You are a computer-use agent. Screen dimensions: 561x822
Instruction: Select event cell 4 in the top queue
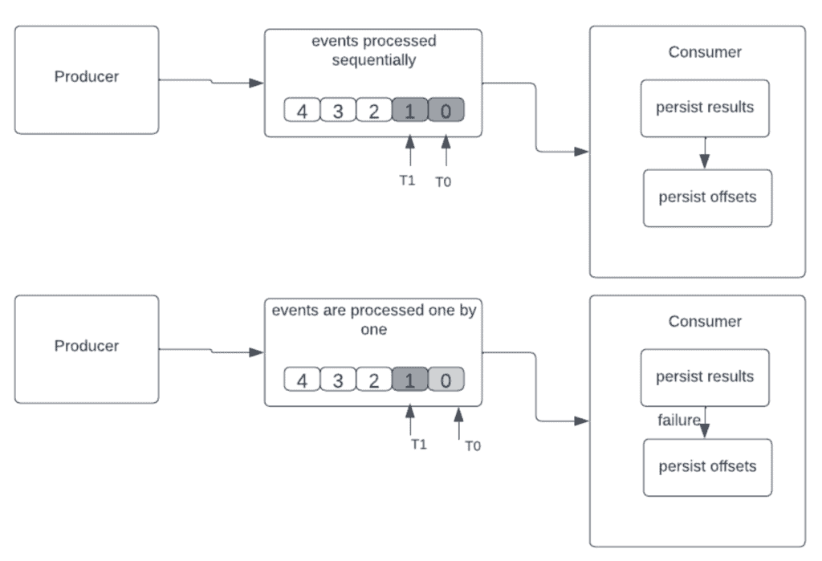pos(302,111)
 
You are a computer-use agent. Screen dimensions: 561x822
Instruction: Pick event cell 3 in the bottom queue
pos(338,380)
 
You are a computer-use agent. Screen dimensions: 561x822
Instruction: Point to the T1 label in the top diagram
pos(408,181)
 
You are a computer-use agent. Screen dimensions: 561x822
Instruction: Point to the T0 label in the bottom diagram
pos(473,446)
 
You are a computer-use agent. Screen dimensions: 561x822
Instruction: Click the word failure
pos(679,420)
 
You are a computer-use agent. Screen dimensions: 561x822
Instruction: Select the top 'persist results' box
pos(705,108)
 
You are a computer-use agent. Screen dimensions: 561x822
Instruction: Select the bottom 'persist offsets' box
pos(707,467)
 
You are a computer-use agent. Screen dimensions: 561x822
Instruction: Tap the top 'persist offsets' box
pos(707,197)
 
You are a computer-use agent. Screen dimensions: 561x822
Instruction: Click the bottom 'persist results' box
pos(705,377)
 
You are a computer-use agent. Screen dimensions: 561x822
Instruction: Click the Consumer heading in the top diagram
pos(705,53)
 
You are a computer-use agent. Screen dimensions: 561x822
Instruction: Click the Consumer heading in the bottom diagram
pos(705,322)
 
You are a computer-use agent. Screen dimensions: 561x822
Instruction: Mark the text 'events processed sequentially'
pos(374,50)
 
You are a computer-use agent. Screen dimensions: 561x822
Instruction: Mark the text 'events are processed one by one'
pos(374,320)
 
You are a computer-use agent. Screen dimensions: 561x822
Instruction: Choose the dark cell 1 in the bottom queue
pos(410,380)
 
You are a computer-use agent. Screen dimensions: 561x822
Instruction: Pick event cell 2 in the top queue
pos(374,111)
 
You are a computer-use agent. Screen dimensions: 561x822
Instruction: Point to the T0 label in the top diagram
pos(443,182)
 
